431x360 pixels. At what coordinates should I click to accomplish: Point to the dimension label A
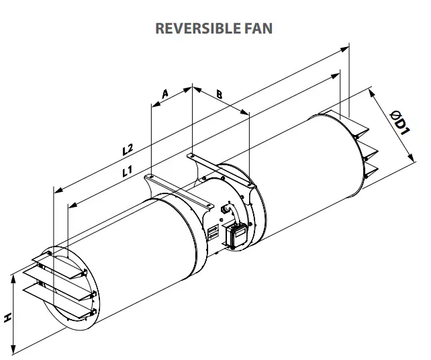pyautogui.click(x=165, y=94)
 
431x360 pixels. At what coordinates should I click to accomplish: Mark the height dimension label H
pyautogui.click(x=7, y=316)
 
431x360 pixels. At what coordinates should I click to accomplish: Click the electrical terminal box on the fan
pyautogui.click(x=238, y=234)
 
